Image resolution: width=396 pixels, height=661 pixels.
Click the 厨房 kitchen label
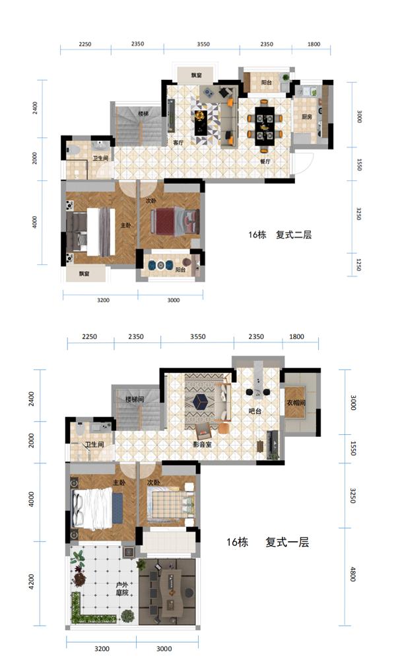click(306, 117)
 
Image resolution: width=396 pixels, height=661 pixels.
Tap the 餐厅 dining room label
click(265, 161)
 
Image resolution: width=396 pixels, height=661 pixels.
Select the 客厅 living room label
click(178, 142)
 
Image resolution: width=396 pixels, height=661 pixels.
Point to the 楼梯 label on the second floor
click(143, 114)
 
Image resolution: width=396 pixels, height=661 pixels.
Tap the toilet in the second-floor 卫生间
click(75, 151)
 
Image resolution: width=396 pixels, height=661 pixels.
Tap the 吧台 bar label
click(255, 411)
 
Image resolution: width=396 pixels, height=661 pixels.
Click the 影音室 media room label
click(202, 444)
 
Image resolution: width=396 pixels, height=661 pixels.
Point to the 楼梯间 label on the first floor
click(135, 399)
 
